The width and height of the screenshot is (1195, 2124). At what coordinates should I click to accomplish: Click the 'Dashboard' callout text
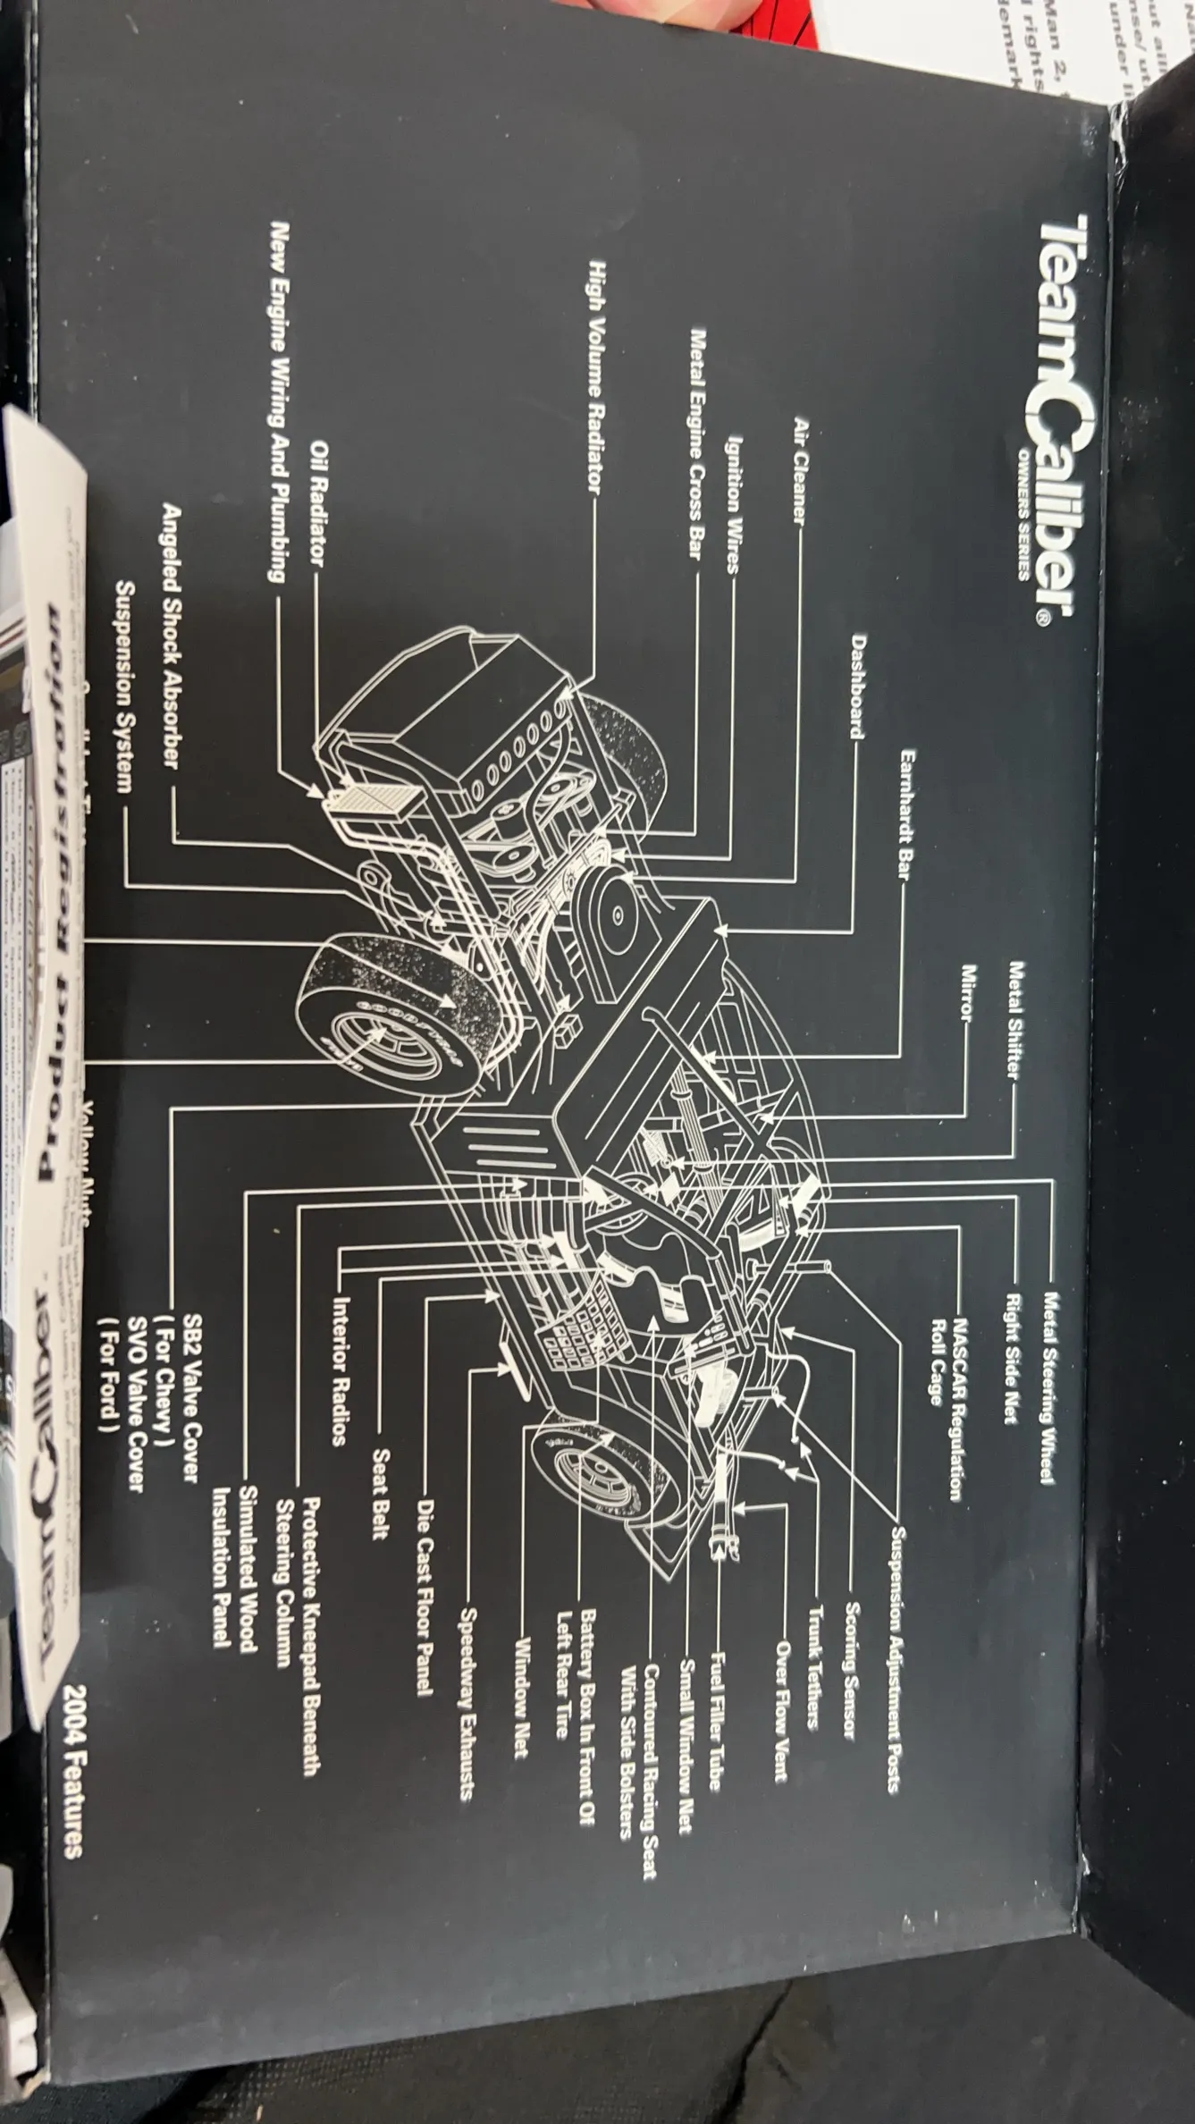(857, 686)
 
